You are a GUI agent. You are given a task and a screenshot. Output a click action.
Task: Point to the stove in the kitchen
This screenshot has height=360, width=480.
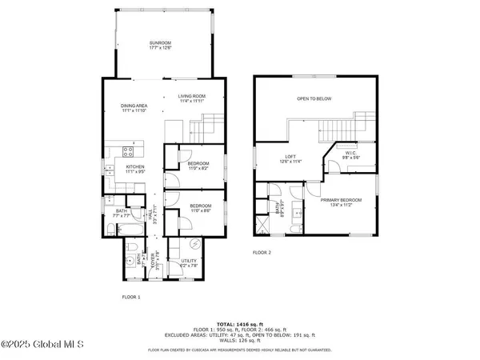pos(128,151)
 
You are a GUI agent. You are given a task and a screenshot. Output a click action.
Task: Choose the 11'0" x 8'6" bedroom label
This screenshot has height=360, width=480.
pos(200,208)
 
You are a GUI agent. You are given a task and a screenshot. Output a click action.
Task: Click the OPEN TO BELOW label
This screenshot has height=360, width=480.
pos(314,99)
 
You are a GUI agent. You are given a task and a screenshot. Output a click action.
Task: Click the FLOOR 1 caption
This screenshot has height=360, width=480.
pos(130,297)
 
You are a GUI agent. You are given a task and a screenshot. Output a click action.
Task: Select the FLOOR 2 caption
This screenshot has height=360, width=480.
pos(262,252)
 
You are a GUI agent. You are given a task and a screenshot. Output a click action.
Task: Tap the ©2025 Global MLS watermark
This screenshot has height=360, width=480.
pos(38,346)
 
